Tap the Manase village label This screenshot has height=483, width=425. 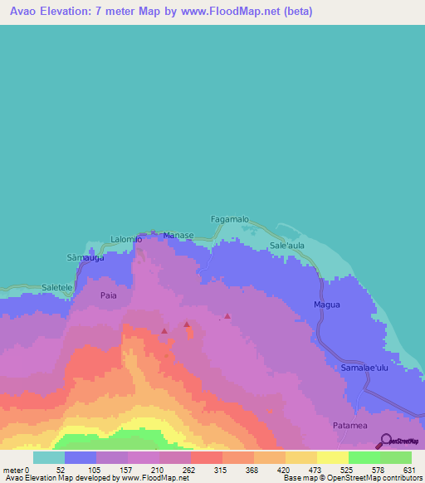178,236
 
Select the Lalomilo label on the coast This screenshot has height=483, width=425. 127,240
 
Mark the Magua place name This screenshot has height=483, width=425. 327,305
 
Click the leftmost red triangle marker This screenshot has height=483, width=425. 164,331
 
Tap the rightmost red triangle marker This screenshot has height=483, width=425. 227,315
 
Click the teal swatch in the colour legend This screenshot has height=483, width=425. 48,457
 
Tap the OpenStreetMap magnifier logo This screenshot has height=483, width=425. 385,441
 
